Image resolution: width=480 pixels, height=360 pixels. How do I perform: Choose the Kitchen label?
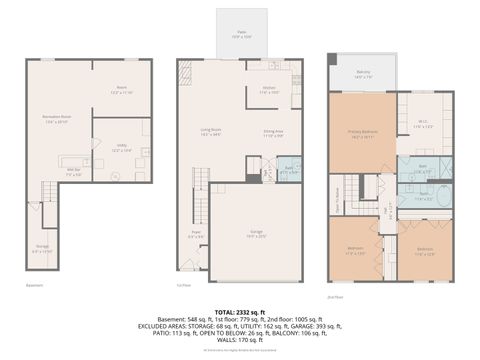pyautogui.click(x=269, y=90)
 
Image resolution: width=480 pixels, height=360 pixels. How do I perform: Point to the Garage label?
pyautogui.click(x=256, y=234)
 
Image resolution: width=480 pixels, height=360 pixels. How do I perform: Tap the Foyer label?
pyautogui.click(x=196, y=236)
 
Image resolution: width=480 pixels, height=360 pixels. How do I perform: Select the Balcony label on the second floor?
pyautogui.click(x=365, y=73)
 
